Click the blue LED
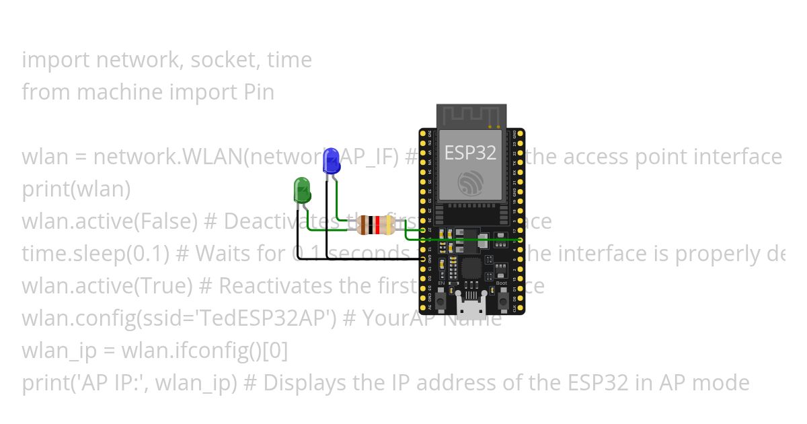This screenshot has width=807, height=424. [330, 162]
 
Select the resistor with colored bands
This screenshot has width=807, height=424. [375, 225]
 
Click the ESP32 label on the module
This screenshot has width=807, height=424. [470, 153]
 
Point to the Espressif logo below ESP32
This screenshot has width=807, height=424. [470, 183]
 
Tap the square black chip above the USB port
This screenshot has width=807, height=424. [471, 269]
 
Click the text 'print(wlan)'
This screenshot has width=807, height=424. [76, 189]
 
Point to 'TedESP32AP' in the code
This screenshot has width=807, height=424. [268, 318]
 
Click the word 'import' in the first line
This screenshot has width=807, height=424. [56, 60]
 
